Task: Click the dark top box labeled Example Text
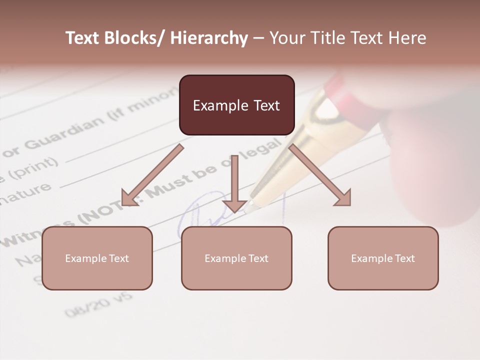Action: [236, 105]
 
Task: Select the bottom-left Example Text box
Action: [97, 258]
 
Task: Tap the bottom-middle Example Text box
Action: [236, 258]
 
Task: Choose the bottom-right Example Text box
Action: [383, 258]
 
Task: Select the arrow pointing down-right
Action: [320, 175]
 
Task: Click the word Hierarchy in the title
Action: [209, 38]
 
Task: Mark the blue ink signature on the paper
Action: [200, 215]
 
